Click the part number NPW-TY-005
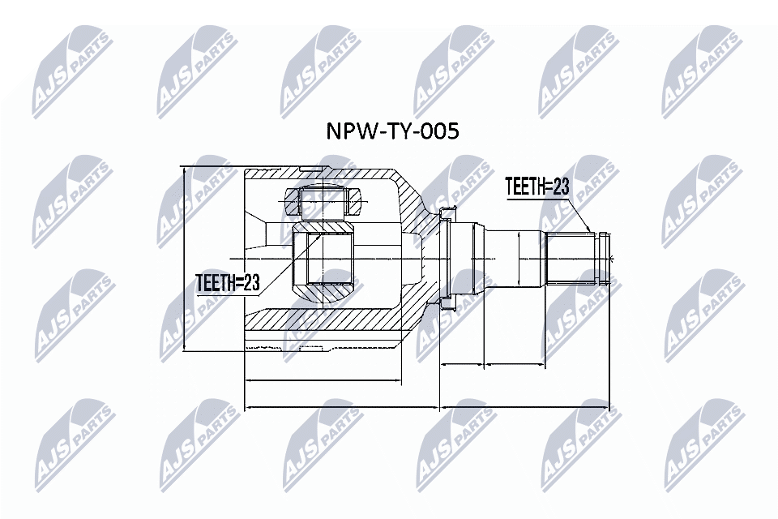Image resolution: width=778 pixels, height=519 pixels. [391, 131]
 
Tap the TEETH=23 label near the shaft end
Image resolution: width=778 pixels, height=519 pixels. [537, 187]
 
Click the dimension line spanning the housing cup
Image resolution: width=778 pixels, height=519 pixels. [322, 380]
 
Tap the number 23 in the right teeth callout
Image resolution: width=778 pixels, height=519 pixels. [560, 187]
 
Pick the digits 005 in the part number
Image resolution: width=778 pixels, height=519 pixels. [442, 131]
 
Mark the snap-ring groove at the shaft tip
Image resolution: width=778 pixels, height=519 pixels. [601, 257]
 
